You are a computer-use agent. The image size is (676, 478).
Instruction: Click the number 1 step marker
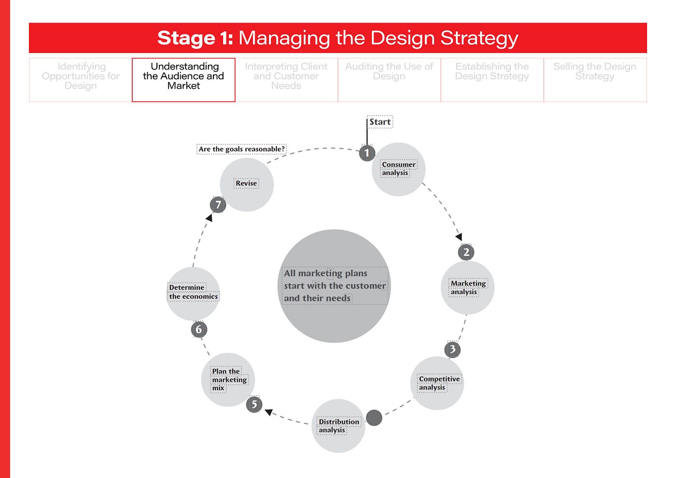[367, 154]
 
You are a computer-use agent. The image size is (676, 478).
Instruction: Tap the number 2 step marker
[466, 252]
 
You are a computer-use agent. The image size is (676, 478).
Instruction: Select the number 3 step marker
[452, 349]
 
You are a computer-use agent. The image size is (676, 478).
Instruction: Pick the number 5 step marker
[254, 404]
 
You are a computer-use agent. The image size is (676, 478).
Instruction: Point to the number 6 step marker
[199, 330]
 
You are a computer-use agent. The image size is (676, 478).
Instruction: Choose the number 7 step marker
[218, 205]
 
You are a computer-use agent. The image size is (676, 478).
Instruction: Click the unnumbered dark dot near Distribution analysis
[374, 418]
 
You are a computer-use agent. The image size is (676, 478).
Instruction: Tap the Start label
[380, 122]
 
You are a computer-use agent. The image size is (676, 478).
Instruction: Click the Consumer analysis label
[398, 169]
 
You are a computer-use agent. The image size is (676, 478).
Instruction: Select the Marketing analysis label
[467, 287]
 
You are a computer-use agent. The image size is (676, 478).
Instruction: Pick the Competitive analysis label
[438, 383]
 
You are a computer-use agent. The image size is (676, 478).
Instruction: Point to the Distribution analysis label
[338, 425]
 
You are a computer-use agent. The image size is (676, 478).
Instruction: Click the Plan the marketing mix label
[228, 380]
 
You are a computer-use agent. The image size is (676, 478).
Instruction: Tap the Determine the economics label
[193, 292]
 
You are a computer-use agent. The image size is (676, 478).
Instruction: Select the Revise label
[246, 183]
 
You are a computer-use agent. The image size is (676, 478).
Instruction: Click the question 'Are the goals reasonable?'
[241, 149]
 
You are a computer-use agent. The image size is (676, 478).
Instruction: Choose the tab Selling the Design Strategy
[595, 71]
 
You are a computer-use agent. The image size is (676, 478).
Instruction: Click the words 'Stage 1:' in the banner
[195, 38]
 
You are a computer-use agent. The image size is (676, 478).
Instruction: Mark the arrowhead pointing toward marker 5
[269, 412]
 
